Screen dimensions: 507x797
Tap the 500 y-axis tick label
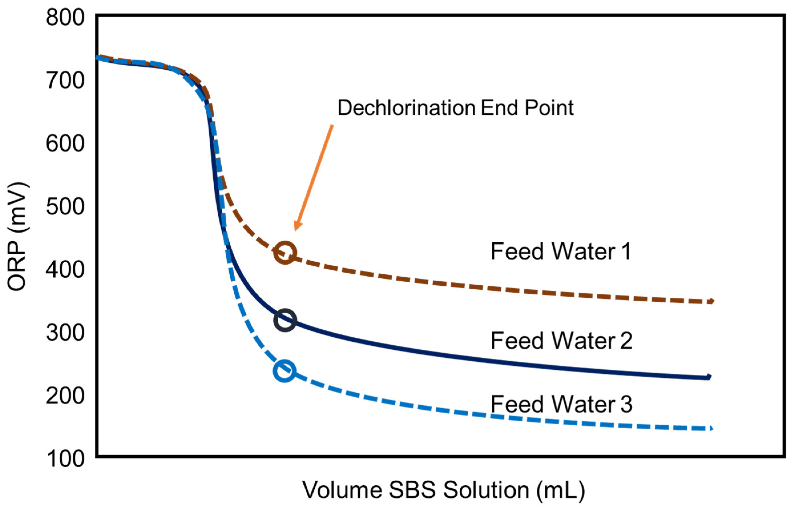[x=65, y=207]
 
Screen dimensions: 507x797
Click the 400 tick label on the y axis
[x=65, y=269]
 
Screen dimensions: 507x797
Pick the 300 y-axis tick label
[x=65, y=333]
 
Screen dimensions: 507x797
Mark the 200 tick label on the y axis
[x=65, y=395]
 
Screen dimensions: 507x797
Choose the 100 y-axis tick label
[x=65, y=459]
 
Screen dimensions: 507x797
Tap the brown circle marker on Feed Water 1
[x=285, y=253]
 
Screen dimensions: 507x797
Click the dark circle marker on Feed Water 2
[x=285, y=320]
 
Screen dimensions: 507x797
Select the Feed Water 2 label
[x=561, y=341]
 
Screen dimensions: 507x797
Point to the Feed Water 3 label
[x=561, y=404]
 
